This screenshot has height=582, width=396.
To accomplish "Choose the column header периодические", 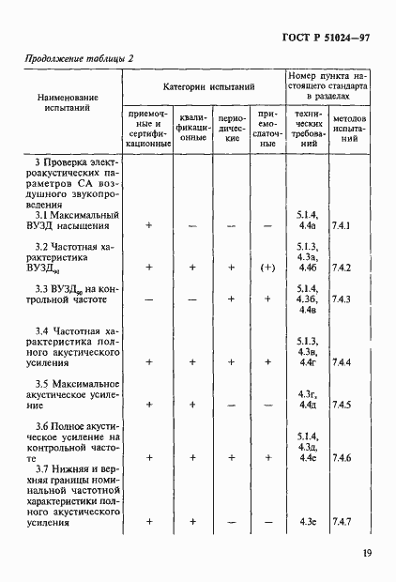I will pyautogui.click(x=231, y=132).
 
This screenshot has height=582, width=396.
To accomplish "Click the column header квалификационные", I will pyautogui.click(x=192, y=132).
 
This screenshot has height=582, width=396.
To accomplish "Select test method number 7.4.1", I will pyautogui.click(x=341, y=226).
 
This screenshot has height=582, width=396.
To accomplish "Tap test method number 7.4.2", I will pyautogui.click(x=341, y=268).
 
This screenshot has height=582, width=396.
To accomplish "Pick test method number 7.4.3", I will pyautogui.click(x=341, y=299).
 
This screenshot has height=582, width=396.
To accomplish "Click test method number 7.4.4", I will pyautogui.click(x=341, y=362).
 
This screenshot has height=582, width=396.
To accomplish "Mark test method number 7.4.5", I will pyautogui.click(x=341, y=405).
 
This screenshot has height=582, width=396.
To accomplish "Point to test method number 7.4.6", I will pyautogui.click(x=341, y=457).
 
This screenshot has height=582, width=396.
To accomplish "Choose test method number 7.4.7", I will pyautogui.click(x=341, y=521).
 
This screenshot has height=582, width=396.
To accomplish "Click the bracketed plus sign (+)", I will pyautogui.click(x=267, y=268).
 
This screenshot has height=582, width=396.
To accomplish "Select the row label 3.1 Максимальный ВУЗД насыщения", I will pyautogui.click(x=77, y=222).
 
